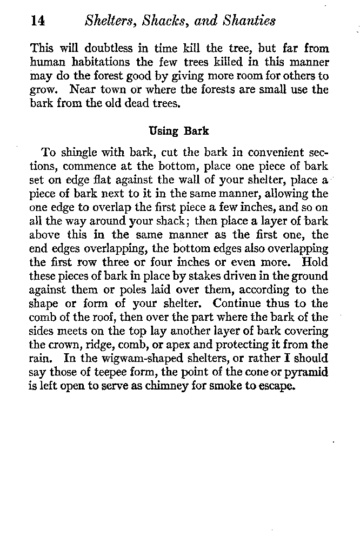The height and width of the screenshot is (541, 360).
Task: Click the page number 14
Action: coord(37,21)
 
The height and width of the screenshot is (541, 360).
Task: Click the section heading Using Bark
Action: coord(178,131)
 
